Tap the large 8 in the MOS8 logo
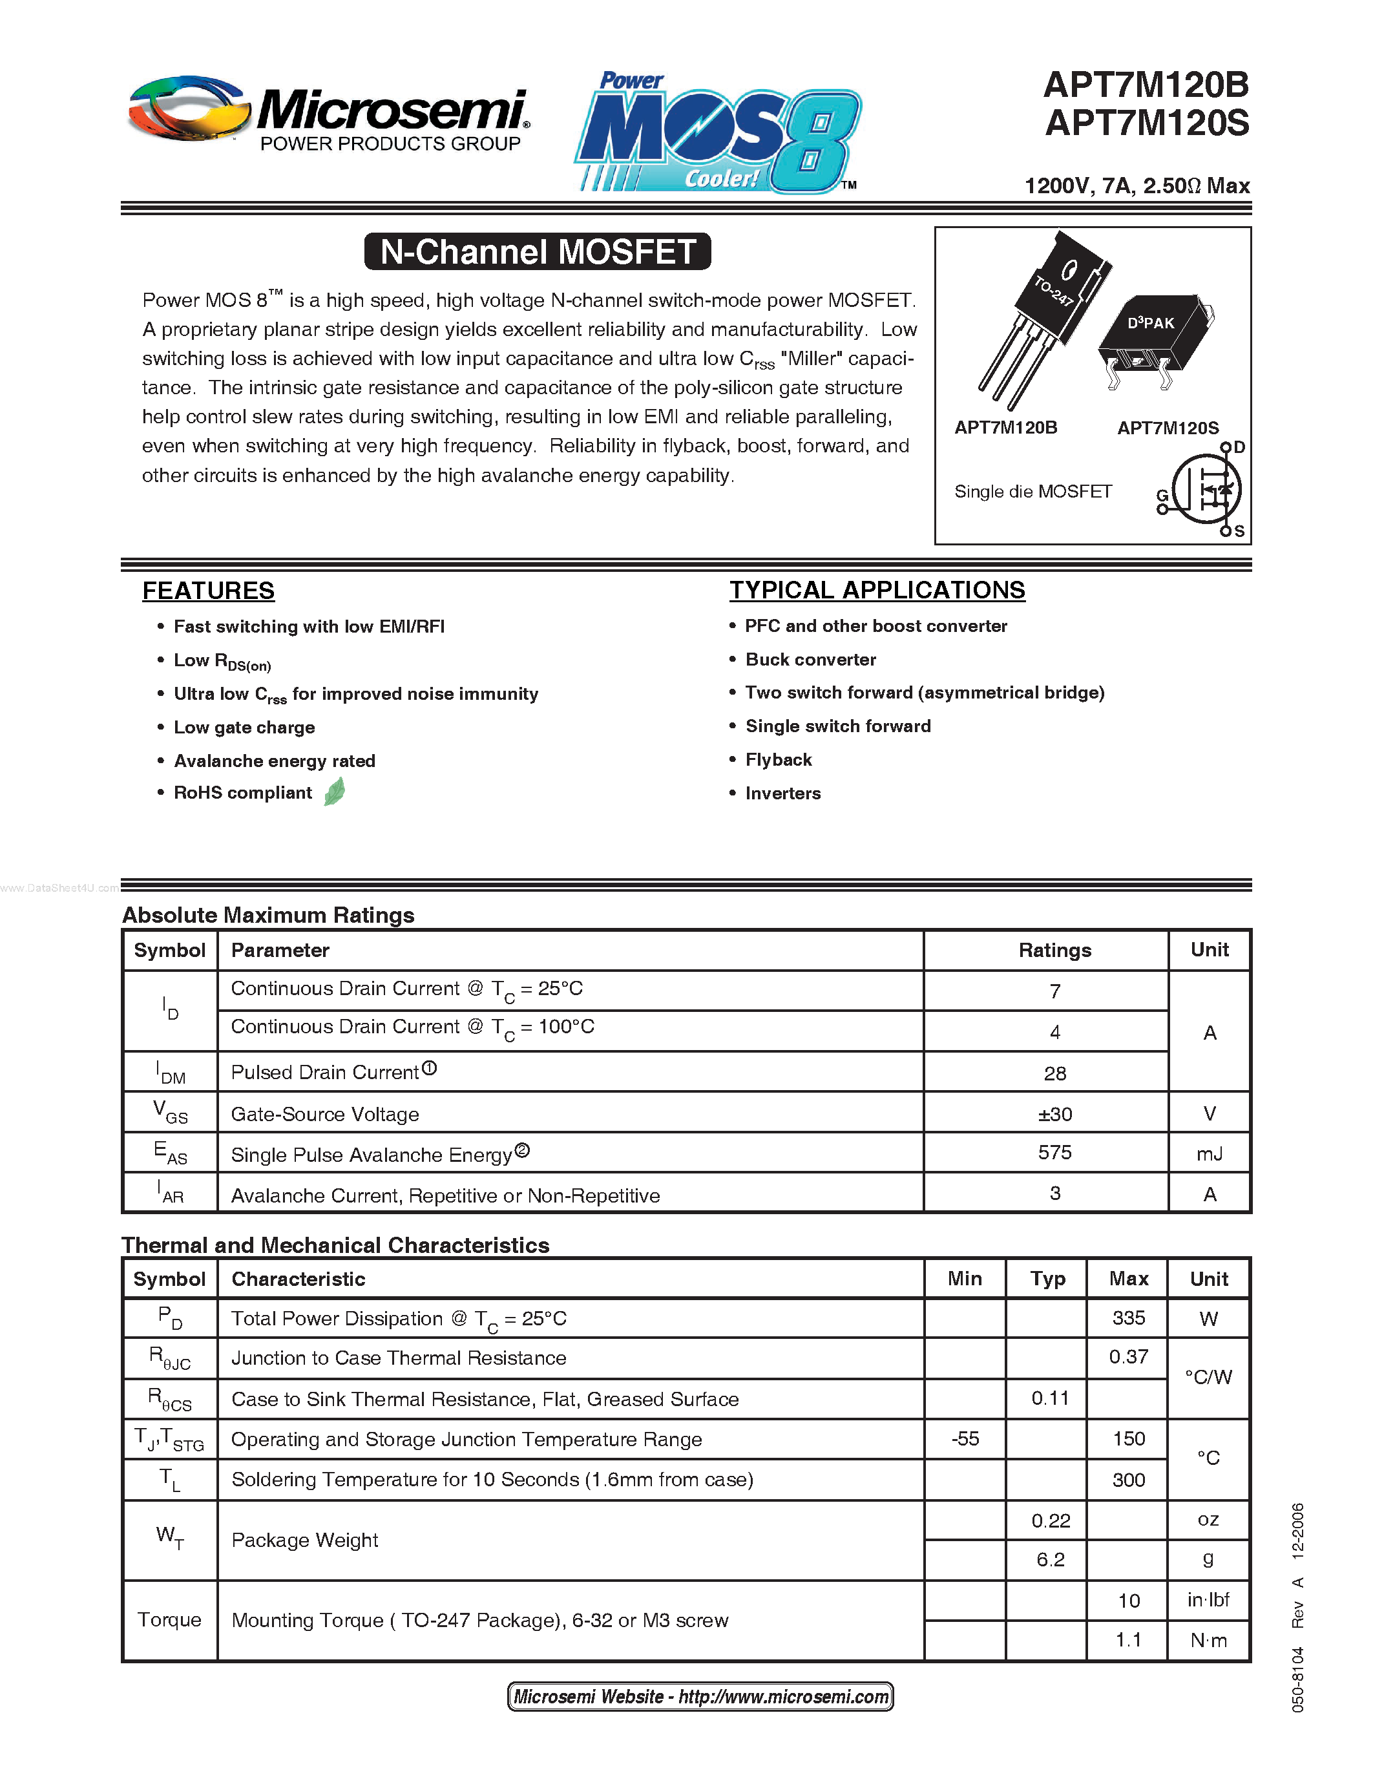coord(813,140)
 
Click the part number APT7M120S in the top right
coord(1147,123)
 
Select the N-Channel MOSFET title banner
coord(538,251)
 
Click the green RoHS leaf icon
coord(334,792)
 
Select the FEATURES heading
coord(208,591)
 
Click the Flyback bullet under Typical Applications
coord(779,760)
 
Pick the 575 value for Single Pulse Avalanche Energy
coord(1054,1153)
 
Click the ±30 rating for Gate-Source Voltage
coord(1054,1114)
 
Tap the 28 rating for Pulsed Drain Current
coord(1054,1073)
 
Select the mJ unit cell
coord(1209,1153)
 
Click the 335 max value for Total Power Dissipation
coord(1128,1318)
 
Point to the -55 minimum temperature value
coord(965,1438)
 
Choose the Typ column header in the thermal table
coord(1047,1279)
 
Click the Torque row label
coord(169,1619)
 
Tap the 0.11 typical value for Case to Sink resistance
coord(1049,1398)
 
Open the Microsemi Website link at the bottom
coord(700,1696)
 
